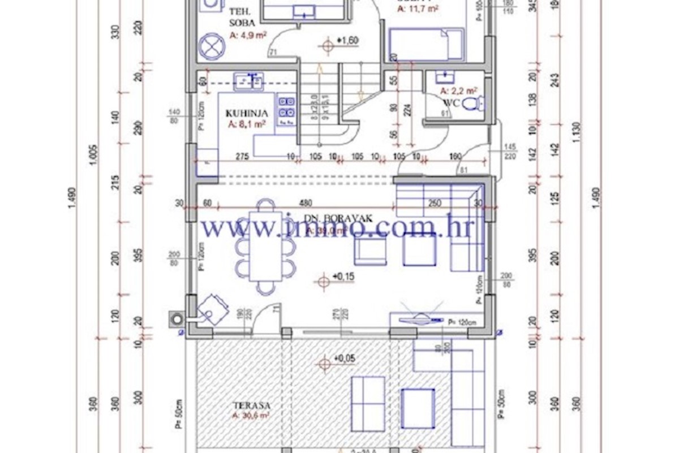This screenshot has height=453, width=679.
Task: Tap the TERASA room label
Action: click(251, 405)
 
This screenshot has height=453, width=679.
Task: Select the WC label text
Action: click(450, 103)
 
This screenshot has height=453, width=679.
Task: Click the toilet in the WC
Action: click(473, 103)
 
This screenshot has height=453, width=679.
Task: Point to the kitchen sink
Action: click(249, 81)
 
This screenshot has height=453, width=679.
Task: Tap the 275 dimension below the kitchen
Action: click(243, 156)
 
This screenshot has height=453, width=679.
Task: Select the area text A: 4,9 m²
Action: click(248, 35)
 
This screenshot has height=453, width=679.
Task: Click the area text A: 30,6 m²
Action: click(250, 416)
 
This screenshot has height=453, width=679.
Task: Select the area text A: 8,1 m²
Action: click(247, 124)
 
